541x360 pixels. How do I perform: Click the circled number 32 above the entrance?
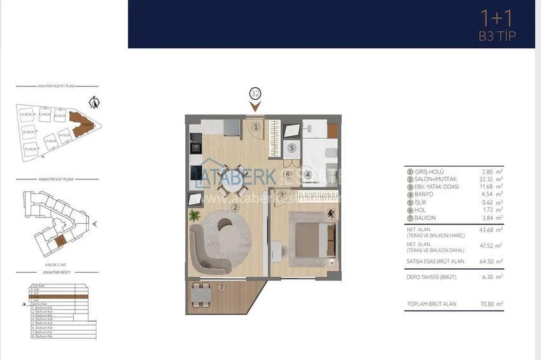click(256, 93)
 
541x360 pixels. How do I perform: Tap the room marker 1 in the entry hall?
click(255, 127)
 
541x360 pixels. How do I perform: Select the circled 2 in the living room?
click(235, 207)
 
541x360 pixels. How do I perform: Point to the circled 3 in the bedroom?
click(281, 195)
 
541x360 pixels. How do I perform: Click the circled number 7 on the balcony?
click(221, 287)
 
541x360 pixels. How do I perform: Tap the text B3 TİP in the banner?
click(496, 36)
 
